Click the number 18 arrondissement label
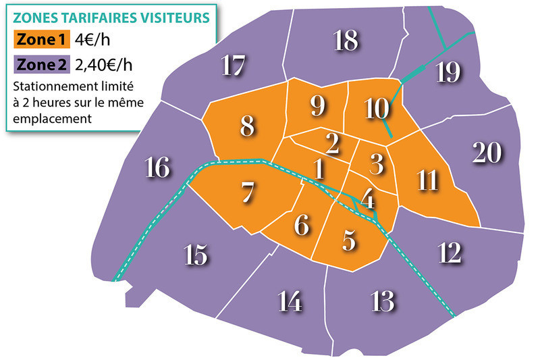click(x=345, y=42)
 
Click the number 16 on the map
click(x=157, y=168)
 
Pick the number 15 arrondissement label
click(x=195, y=255)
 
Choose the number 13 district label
click(x=382, y=301)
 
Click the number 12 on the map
click(x=450, y=253)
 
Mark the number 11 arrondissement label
click(x=427, y=180)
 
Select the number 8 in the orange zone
click(x=248, y=126)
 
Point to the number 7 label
click(x=248, y=193)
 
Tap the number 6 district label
click(x=302, y=225)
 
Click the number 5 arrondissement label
click(x=349, y=240)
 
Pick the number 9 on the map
click(x=318, y=105)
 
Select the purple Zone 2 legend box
click(x=40, y=65)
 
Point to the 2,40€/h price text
click(x=105, y=65)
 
